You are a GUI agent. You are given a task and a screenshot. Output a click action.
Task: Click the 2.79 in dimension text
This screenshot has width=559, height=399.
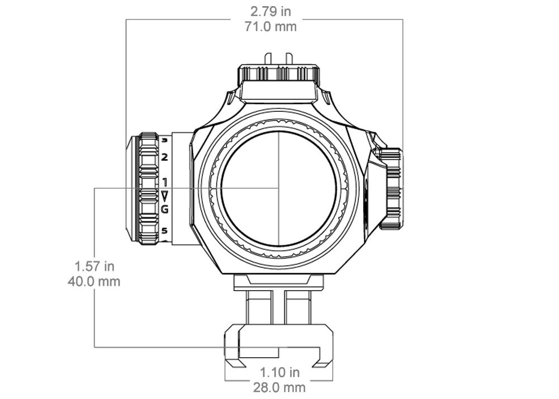coord(271,11)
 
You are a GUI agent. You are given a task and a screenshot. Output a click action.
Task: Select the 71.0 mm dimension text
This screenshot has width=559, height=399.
coord(271,26)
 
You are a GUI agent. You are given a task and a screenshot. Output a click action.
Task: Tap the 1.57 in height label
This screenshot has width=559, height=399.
coord(94,266)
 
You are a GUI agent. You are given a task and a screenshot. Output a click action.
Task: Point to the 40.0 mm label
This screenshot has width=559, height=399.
coord(94,281)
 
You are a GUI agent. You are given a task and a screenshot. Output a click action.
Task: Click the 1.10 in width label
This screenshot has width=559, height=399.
coord(279,372)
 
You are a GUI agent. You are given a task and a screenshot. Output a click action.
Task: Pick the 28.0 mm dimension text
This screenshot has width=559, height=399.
coord(279,387)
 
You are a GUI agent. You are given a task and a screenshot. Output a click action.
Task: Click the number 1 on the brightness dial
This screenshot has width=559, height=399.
coord(165,182)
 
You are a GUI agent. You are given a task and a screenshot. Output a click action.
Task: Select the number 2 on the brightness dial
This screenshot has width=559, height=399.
coord(165,157)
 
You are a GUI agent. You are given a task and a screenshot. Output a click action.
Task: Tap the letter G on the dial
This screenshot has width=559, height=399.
coord(164,210)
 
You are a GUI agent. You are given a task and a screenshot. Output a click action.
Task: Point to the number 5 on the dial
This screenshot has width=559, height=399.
coord(164,230)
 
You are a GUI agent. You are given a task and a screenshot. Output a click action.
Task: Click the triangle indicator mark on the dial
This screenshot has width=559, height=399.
coord(164,196)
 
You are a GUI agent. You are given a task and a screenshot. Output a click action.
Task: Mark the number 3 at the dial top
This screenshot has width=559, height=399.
coord(165,141)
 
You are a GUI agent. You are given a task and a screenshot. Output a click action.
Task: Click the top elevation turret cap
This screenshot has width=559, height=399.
coord(279,74)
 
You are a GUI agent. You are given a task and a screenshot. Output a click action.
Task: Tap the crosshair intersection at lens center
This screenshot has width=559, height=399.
coord(278,188)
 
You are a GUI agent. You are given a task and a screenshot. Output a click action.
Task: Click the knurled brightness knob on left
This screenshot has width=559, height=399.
coord(149,188)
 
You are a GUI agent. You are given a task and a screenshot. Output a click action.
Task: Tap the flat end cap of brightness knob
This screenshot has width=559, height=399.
coord(131,188)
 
